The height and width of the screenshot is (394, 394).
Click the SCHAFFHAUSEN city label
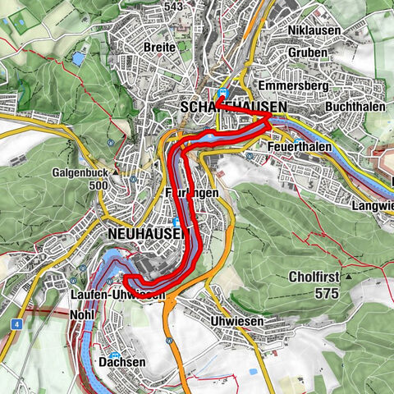(x=233, y=108)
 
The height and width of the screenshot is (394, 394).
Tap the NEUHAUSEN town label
(x=142, y=233)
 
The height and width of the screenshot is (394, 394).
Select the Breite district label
(x=159, y=48)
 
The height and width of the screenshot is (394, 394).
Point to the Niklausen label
(x=315, y=31)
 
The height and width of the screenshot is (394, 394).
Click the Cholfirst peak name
(x=315, y=277)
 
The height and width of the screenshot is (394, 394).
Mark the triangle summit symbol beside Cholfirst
(x=349, y=277)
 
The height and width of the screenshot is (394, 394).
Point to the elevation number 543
(x=173, y=7)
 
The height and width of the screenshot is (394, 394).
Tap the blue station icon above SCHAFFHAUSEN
(x=224, y=93)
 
